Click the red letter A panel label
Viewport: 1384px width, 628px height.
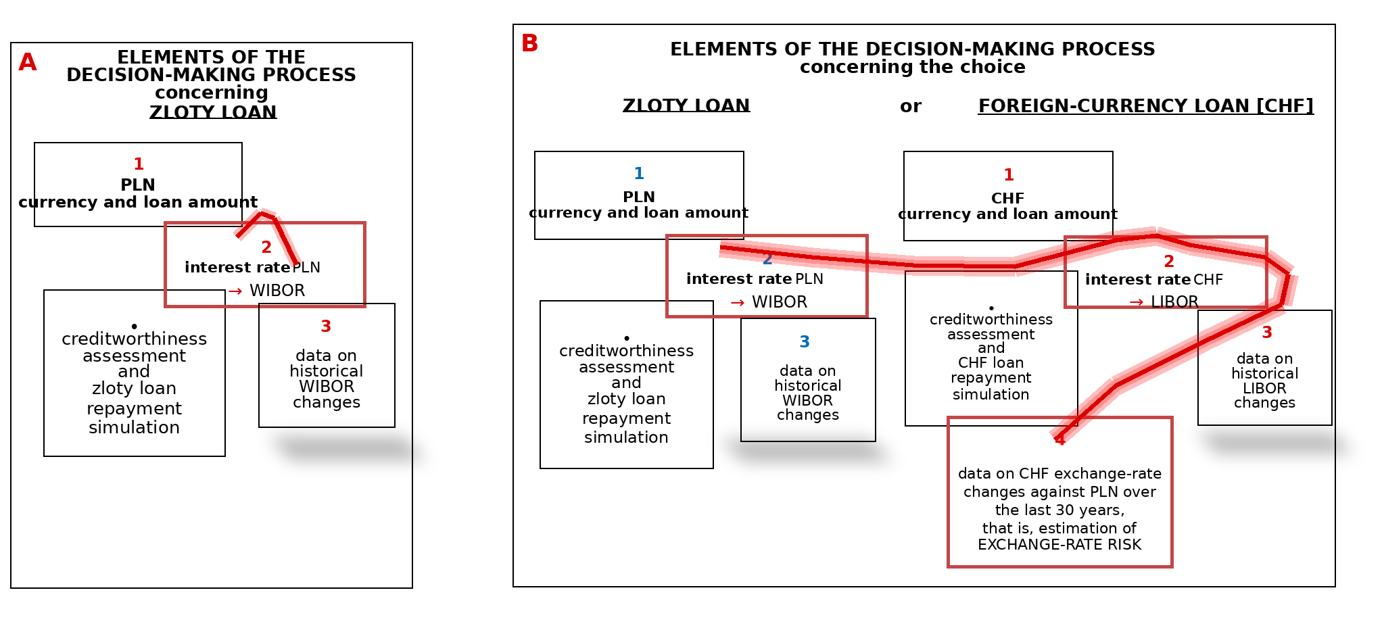pos(28,62)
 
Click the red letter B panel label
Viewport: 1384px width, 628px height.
pos(529,43)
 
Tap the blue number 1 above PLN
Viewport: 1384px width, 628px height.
pos(639,174)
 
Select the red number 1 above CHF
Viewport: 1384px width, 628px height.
pos(1009,175)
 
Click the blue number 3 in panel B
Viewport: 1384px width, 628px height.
pos(805,342)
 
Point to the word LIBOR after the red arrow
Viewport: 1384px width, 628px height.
pos(1174,302)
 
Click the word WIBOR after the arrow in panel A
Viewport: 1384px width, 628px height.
pos(277,291)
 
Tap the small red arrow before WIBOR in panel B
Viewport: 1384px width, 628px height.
pos(738,303)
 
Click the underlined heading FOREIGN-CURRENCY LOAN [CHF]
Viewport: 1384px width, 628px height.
pos(1146,106)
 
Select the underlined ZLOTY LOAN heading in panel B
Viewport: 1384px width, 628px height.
pos(686,105)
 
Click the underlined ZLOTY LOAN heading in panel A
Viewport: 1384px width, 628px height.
pos(213,112)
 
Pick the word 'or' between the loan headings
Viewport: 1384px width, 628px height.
pos(911,107)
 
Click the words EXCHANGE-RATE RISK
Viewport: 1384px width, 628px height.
pos(1059,545)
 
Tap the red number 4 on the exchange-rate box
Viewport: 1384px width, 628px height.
pos(1059,440)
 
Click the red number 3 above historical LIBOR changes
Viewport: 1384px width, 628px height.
pos(1267,333)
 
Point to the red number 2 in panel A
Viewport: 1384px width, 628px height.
pos(266,247)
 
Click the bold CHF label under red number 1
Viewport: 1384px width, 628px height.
pos(1007,199)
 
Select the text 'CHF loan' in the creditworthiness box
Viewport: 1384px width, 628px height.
pos(991,363)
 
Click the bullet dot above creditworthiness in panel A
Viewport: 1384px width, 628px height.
pos(134,327)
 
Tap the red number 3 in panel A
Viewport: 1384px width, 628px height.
pos(326,327)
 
